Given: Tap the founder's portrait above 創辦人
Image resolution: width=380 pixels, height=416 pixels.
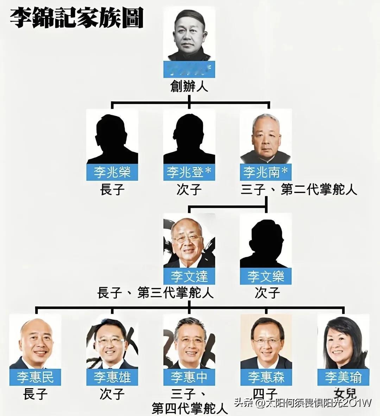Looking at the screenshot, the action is coord(189,37).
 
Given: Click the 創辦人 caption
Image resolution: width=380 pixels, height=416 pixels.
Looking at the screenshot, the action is coord(189,86).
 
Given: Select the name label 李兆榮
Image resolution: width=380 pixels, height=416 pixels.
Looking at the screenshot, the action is coord(112,172).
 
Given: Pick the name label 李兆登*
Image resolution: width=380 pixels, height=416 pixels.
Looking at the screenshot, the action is coord(189,172).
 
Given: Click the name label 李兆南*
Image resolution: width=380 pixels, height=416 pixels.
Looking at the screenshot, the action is coord(266,172).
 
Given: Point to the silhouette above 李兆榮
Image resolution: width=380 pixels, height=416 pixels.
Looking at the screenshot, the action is coord(112,139).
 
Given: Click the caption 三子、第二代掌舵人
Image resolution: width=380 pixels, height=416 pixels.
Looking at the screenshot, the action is coord(299,190).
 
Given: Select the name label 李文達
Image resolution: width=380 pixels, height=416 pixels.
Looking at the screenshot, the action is coord(189,276).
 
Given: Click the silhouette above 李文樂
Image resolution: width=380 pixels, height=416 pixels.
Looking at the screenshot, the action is coord(266,243).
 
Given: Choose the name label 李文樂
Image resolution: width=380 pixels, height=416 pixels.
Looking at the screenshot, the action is coord(266,276).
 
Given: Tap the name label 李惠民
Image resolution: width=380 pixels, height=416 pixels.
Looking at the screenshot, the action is coord(35,377).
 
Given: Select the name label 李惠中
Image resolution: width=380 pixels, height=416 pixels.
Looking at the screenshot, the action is coord(189,377).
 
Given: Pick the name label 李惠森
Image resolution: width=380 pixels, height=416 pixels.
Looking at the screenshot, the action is coord(266,377).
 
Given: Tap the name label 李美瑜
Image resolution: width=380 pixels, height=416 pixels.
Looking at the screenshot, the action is coord(343,377).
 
